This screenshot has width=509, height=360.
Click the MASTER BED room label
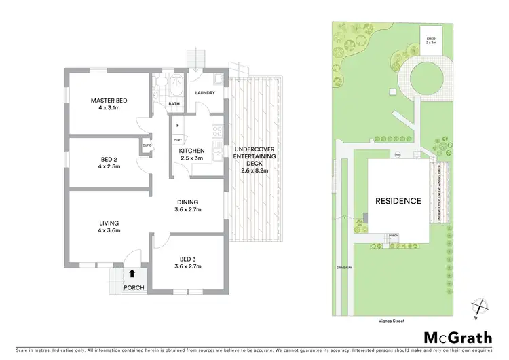(109, 101)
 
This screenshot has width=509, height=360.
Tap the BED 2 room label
(109, 160)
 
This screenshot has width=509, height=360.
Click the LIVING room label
(109, 223)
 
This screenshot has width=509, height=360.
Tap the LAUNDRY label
(205, 93)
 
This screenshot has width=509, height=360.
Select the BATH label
(174, 104)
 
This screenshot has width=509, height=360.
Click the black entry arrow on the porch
(132, 274)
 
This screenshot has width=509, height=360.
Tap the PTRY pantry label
(176, 139)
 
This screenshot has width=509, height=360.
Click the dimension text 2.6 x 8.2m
(255, 171)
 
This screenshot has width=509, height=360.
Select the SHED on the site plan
(430, 37)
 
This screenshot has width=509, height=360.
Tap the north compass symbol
(480, 308)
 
